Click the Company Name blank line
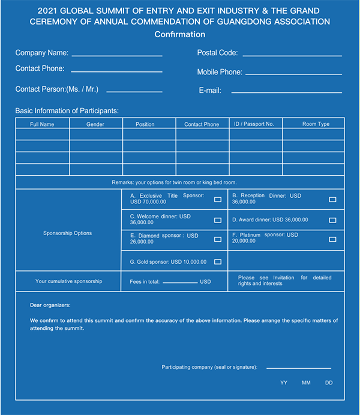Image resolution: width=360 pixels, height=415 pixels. point(116,55)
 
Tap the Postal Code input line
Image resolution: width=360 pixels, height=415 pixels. point(291,55)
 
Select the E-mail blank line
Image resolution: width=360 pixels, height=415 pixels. point(286,92)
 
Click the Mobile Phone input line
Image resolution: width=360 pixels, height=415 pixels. point(293,74)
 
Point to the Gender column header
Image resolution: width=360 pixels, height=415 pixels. point(95,124)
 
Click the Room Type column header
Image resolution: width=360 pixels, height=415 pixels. point(316,124)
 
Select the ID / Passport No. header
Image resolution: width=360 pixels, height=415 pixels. point(254,124)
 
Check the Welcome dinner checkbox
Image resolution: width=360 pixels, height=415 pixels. point(217,220)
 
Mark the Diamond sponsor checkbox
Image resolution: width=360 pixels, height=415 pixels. point(217,239)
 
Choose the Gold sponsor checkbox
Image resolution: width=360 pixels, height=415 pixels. point(217,261)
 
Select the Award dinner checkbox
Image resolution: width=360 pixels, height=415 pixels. point(332,220)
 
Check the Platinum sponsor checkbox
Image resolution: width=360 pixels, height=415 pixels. point(332,239)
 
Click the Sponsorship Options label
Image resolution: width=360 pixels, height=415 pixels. point(68,233)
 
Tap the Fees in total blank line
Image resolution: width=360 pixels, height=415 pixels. point(180,281)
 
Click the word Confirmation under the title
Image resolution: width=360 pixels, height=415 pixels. point(180,34)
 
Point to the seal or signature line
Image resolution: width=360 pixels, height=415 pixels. point(298,367)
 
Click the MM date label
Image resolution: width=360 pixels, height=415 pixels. point(306,383)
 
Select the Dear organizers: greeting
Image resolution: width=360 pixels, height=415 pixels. point(50,305)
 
